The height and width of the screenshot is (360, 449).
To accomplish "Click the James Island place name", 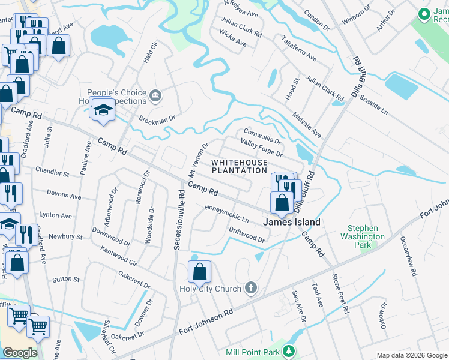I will coord(292,222).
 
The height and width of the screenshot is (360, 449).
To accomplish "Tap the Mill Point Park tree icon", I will coord(290,351).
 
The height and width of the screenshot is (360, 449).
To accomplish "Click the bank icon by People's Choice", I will coord(156,95).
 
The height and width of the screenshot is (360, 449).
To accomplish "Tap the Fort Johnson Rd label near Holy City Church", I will coord(206,322).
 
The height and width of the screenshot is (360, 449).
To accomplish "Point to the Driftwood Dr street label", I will coord(246,235).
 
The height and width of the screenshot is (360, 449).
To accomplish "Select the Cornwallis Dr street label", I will coord(262,136).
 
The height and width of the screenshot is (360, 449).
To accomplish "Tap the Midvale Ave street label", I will coord(307,124).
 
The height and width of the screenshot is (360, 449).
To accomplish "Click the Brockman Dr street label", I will coord(155,119).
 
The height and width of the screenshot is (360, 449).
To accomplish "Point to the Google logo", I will coord(20,353).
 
